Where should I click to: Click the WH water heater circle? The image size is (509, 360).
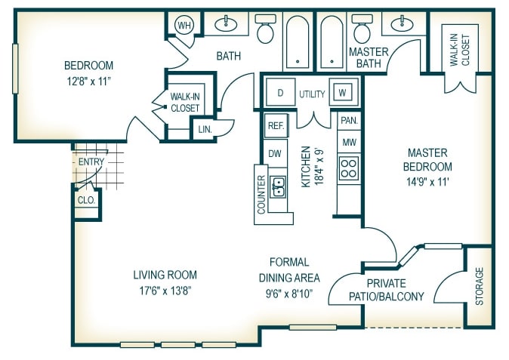click(x=184, y=25)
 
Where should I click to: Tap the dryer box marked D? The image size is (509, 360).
click(x=280, y=92)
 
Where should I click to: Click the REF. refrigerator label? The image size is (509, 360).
click(x=276, y=125)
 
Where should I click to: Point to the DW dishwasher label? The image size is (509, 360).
click(x=275, y=153)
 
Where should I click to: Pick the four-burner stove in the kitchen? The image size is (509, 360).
click(x=349, y=168)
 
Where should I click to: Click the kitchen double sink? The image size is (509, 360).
click(x=279, y=187)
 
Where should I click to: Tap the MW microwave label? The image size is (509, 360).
click(x=349, y=142)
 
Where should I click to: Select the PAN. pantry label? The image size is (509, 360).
click(x=349, y=121)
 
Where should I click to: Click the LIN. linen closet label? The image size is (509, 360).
click(x=205, y=129)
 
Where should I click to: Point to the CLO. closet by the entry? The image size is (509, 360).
click(x=86, y=200)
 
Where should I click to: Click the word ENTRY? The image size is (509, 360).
click(x=91, y=162)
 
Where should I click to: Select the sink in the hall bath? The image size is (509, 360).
click(x=226, y=23)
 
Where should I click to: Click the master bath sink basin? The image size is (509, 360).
click(x=403, y=23)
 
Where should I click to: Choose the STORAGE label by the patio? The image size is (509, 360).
click(x=479, y=286)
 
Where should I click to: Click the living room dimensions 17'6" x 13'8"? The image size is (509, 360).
click(x=165, y=291)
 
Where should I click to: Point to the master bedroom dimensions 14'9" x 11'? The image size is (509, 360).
click(x=427, y=182)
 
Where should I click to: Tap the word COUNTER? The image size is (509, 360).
click(x=261, y=195)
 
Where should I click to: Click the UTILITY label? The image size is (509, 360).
click(x=312, y=94)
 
